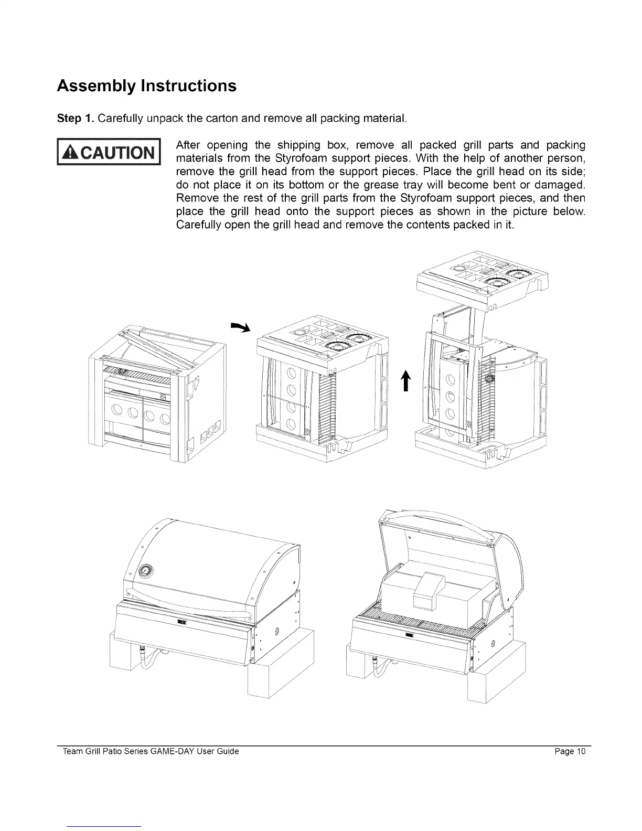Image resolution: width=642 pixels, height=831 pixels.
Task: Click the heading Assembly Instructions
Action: coord(146,86)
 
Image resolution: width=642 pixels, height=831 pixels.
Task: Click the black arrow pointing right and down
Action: coord(241,327)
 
